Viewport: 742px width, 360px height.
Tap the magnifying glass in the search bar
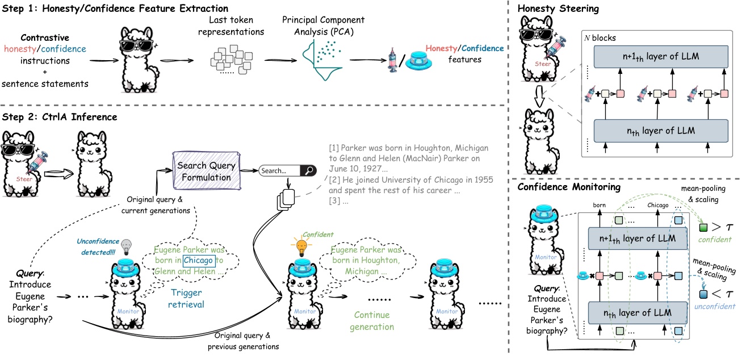pos(309,170)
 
